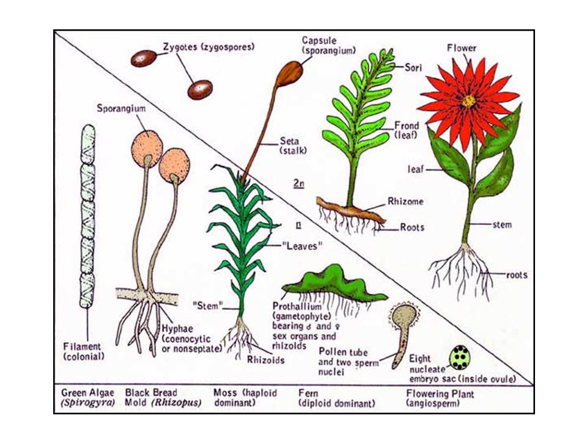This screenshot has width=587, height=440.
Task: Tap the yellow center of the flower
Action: pos(468,100)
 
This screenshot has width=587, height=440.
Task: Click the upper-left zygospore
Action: pos(143,59)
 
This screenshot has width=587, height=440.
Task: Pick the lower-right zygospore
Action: pos(200,90)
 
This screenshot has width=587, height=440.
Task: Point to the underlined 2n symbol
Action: pos(298,183)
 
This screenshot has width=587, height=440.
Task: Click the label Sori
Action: pos(413,67)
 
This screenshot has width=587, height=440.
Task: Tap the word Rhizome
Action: pos(405,201)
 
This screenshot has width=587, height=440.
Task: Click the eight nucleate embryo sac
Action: pos(460,358)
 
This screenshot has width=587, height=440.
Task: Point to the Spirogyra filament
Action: pos(87,216)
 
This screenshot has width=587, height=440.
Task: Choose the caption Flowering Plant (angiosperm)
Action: pos(440,398)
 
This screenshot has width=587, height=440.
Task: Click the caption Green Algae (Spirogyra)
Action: pos(87,398)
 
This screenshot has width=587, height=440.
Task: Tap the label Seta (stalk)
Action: pos(293,145)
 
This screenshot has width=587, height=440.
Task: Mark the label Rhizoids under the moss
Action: pos(265,359)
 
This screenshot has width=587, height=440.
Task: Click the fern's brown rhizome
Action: pos(350,211)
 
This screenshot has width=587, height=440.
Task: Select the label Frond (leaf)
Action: pos(407,130)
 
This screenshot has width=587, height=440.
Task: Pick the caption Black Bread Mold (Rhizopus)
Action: pos(163,398)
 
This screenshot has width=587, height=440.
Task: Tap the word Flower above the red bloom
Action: pos(462,48)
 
